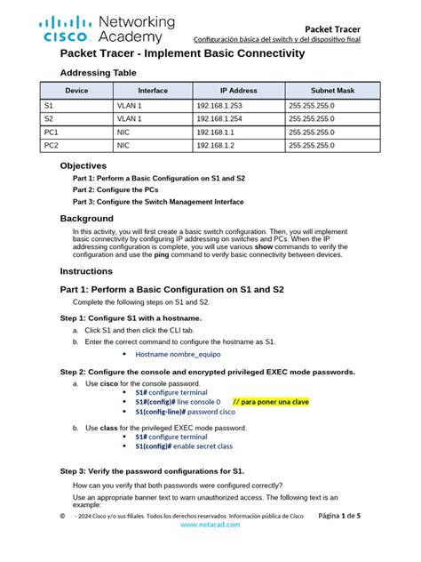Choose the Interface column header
tap(153, 91)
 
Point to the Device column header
tap(76, 91)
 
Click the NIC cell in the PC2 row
tap(123, 144)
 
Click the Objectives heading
tap(83, 165)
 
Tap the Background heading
tap(86, 218)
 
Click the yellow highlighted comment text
tap(269, 402)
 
